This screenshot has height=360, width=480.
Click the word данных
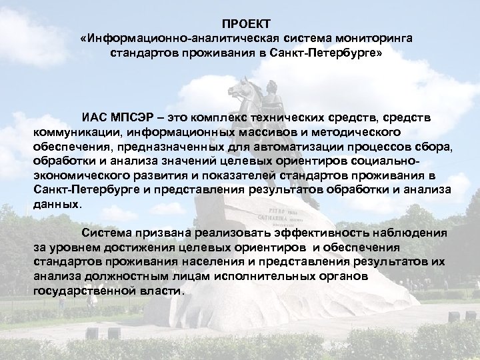point(56,205)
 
